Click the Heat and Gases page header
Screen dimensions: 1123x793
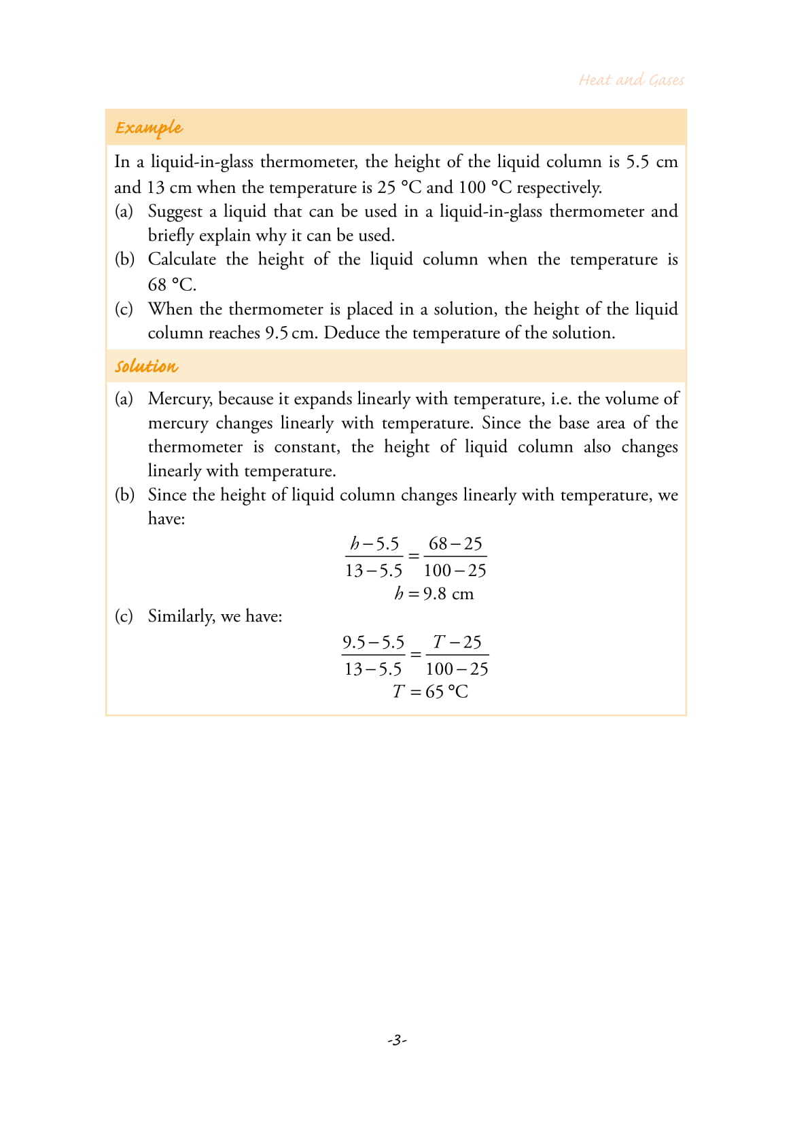click(631, 80)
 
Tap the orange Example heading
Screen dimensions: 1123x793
click(149, 128)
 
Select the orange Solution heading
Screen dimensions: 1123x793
click(146, 366)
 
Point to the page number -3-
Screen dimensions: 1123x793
click(396, 1039)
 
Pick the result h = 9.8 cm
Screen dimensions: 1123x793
click(434, 594)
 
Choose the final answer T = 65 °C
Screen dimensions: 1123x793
click(431, 692)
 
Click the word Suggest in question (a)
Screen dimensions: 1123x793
click(175, 211)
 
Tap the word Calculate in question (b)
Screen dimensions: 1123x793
click(181, 260)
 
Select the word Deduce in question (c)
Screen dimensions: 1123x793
click(352, 333)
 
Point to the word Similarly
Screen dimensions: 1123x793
click(180, 616)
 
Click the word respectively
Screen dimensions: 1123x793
click(559, 187)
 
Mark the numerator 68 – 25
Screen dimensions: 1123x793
click(455, 543)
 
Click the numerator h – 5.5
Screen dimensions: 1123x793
click(374, 543)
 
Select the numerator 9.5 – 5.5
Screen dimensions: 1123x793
click(373, 642)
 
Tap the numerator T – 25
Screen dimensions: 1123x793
click(457, 642)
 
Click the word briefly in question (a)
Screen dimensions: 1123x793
click(171, 236)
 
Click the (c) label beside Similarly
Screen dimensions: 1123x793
click(124, 616)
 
